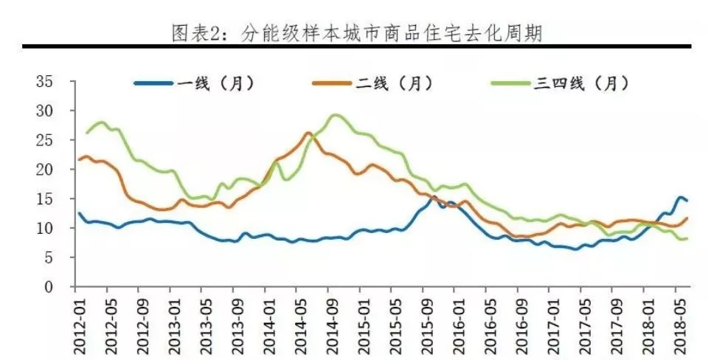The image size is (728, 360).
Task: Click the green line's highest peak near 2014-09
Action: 335,115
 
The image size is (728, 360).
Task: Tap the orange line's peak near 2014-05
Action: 308,133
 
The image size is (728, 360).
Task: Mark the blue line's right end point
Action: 687,201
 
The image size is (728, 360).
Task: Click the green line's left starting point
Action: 87,133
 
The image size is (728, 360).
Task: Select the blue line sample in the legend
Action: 153,83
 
